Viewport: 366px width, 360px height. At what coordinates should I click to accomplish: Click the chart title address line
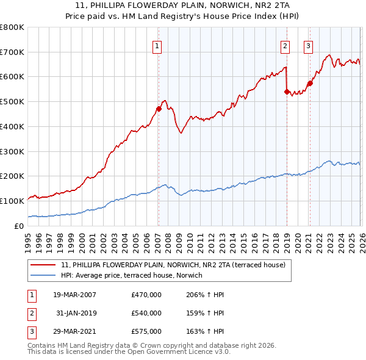[183, 6]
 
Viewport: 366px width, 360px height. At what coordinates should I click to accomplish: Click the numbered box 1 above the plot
[157, 45]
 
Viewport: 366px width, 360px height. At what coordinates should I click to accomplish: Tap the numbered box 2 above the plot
[285, 45]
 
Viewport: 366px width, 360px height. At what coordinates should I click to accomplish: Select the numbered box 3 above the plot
[309, 45]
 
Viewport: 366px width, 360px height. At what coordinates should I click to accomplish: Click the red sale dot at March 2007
[159, 109]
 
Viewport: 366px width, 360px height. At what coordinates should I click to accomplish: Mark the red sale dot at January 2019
[287, 92]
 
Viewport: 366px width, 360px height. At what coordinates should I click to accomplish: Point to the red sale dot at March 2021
[310, 83]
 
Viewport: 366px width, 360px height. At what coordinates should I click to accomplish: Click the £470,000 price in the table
[146, 295]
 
